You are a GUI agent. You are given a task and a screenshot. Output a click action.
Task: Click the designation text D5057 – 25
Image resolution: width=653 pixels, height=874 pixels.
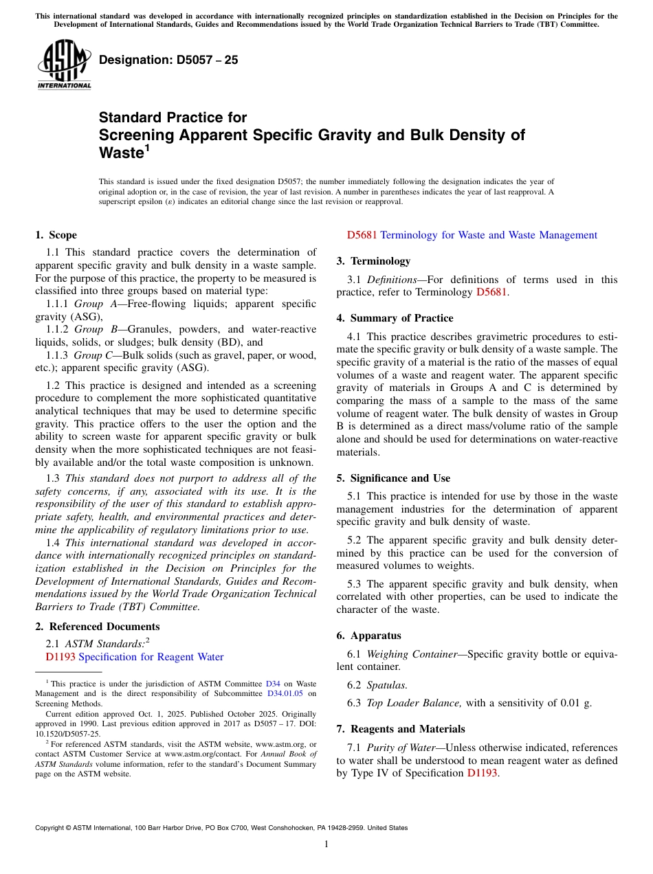pos(168,60)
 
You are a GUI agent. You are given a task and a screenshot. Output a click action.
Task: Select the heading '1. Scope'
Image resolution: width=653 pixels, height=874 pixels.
pos(56,235)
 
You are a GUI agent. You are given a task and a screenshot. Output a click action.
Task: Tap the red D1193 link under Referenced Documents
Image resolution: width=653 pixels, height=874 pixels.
pos(60,657)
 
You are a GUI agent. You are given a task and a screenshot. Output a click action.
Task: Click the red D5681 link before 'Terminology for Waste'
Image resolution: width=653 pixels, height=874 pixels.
pos(362,235)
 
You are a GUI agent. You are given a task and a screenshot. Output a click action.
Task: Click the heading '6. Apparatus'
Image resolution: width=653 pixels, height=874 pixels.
pos(368,636)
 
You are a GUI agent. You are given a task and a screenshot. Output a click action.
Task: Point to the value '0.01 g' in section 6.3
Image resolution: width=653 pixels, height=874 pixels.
pos(577,703)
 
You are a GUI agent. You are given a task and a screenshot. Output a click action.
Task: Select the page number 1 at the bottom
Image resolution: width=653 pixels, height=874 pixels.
pos(326,844)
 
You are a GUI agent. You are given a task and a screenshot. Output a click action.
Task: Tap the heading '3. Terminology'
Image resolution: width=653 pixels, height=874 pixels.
pos(373,261)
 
